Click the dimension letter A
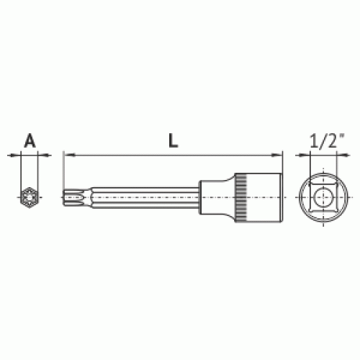pyautogui.click(x=30, y=141)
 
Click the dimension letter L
pyautogui.click(x=173, y=140)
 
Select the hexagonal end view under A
pyautogui.click(x=30, y=197)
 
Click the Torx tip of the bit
pyautogui.click(x=73, y=197)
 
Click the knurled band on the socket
pyautogui.click(x=240, y=197)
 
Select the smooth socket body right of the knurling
pyautogui.click(x=264, y=197)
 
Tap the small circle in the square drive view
pyautogui.click(x=323, y=197)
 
